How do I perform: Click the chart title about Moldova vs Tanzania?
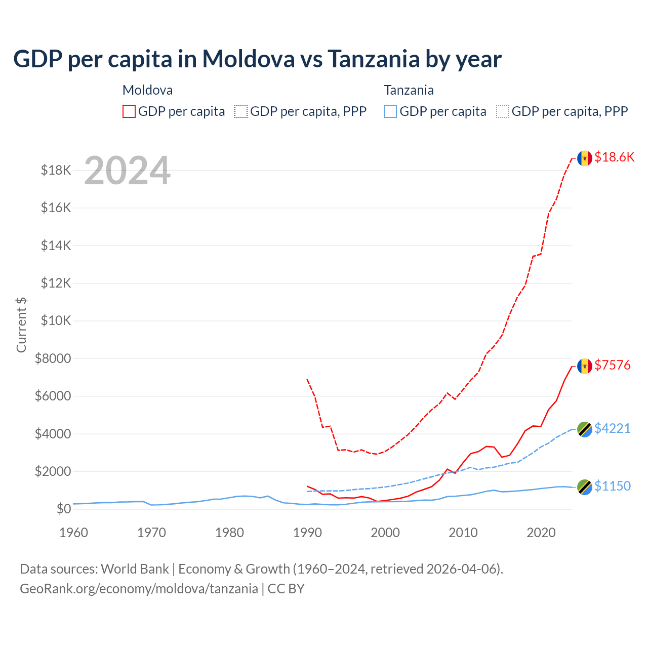(x=257, y=59)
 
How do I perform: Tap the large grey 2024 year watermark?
(x=127, y=171)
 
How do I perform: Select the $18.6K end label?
(x=614, y=157)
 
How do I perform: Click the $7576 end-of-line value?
(x=613, y=365)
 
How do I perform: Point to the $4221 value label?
(x=613, y=428)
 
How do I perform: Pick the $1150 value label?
(x=613, y=486)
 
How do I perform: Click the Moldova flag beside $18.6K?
(x=585, y=158)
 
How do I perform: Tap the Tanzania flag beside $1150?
(x=585, y=487)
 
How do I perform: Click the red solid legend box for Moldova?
(x=129, y=111)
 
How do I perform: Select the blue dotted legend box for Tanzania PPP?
(x=503, y=111)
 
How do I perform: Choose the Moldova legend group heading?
(x=147, y=90)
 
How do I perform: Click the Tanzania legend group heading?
(x=409, y=90)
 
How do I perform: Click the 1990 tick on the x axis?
(x=307, y=533)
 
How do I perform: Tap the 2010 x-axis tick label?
(x=463, y=533)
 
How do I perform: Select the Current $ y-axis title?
(x=21, y=325)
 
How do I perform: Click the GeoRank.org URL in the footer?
(x=139, y=589)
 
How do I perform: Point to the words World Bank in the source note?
(x=135, y=569)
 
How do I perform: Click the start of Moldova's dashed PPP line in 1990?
(x=307, y=379)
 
